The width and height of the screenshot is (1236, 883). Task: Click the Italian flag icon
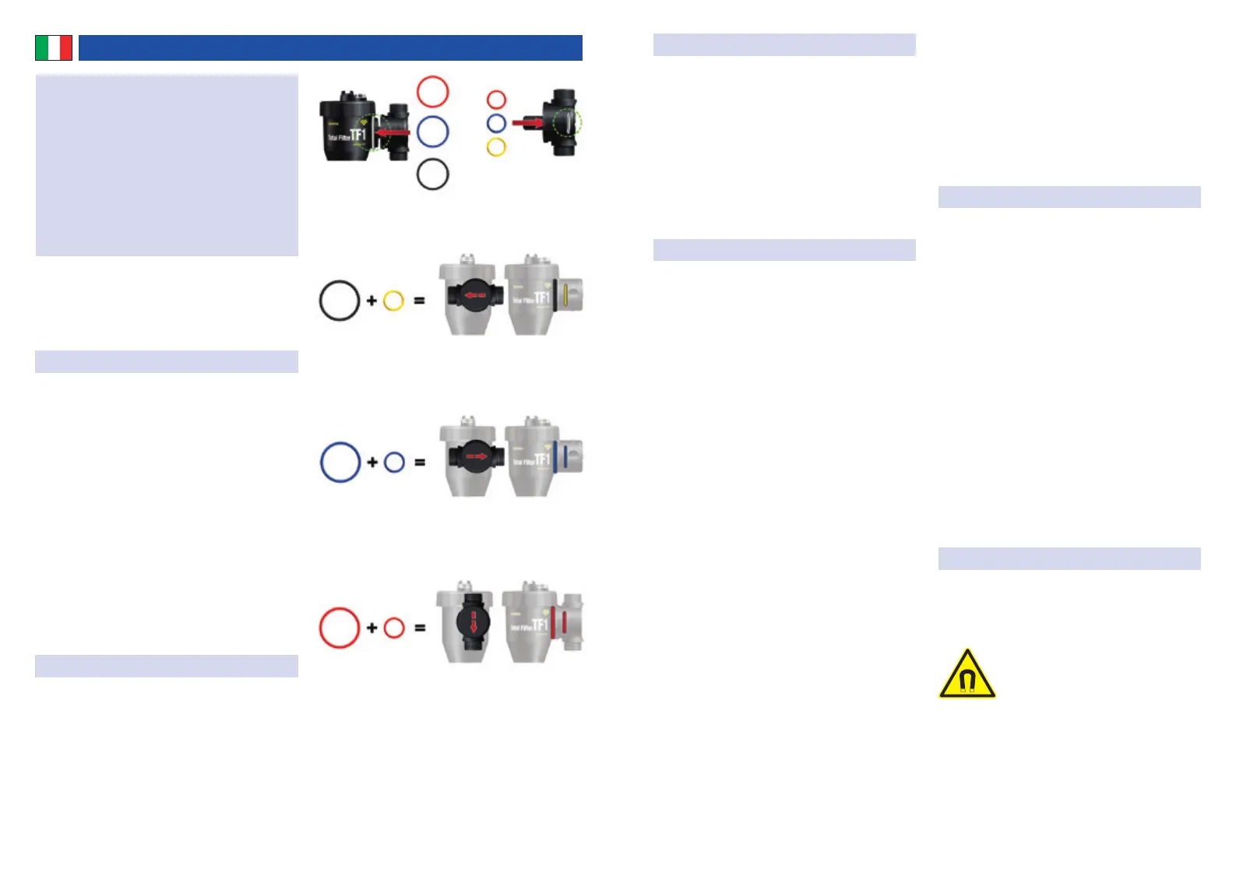54,47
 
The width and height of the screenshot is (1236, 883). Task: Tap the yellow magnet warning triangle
967,675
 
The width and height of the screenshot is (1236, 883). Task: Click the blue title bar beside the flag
330,47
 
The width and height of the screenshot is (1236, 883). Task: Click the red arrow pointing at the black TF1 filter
393,132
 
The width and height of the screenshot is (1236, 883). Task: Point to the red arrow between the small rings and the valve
527,122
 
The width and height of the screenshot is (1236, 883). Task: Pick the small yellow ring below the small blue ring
496,146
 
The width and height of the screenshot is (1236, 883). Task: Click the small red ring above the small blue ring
496,100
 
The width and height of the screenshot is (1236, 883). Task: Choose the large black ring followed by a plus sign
340,301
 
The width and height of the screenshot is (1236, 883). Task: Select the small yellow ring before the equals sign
394,301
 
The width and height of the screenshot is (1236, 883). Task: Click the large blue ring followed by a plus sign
340,462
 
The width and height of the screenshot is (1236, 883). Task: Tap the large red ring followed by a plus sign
340,628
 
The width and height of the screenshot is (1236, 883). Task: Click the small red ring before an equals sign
394,628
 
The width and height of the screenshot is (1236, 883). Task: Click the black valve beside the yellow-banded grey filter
470,296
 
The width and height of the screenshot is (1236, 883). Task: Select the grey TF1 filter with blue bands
542,458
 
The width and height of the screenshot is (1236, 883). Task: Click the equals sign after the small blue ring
420,463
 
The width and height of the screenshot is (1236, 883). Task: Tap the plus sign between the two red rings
372,628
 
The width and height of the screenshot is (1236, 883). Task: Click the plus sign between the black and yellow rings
372,301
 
